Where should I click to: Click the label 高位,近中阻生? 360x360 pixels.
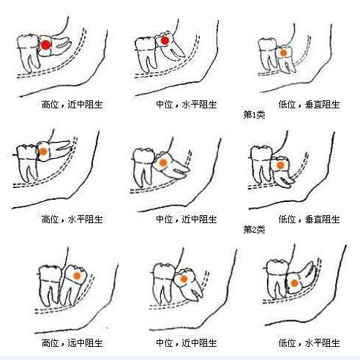(72, 105)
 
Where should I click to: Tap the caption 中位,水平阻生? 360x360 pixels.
(187, 105)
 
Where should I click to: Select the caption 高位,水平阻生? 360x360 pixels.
(72, 220)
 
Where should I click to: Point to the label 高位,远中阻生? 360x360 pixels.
(72, 343)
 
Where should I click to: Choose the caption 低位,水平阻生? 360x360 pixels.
(310, 343)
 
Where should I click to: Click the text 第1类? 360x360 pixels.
(254, 114)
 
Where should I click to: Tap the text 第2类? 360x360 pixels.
(254, 229)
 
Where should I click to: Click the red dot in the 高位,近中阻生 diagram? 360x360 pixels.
(45, 45)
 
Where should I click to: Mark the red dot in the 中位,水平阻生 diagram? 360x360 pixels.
(165, 41)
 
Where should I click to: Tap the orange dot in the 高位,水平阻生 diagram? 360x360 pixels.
(43, 151)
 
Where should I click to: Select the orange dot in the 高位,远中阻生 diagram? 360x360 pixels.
(77, 276)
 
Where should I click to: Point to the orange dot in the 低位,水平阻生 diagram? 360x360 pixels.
(294, 283)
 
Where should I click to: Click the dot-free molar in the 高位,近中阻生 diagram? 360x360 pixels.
(28, 53)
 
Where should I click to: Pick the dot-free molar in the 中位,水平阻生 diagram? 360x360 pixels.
(146, 54)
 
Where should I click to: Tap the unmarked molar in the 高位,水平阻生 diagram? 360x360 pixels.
(26, 163)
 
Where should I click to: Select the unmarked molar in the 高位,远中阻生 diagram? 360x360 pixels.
(50, 285)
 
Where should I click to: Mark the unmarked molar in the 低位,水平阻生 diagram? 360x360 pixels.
(277, 279)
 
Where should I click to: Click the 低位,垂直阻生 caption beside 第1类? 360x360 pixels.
(310, 105)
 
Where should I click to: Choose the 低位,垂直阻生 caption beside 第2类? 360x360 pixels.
(310, 220)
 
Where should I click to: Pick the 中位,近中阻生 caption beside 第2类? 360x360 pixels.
(187, 220)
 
